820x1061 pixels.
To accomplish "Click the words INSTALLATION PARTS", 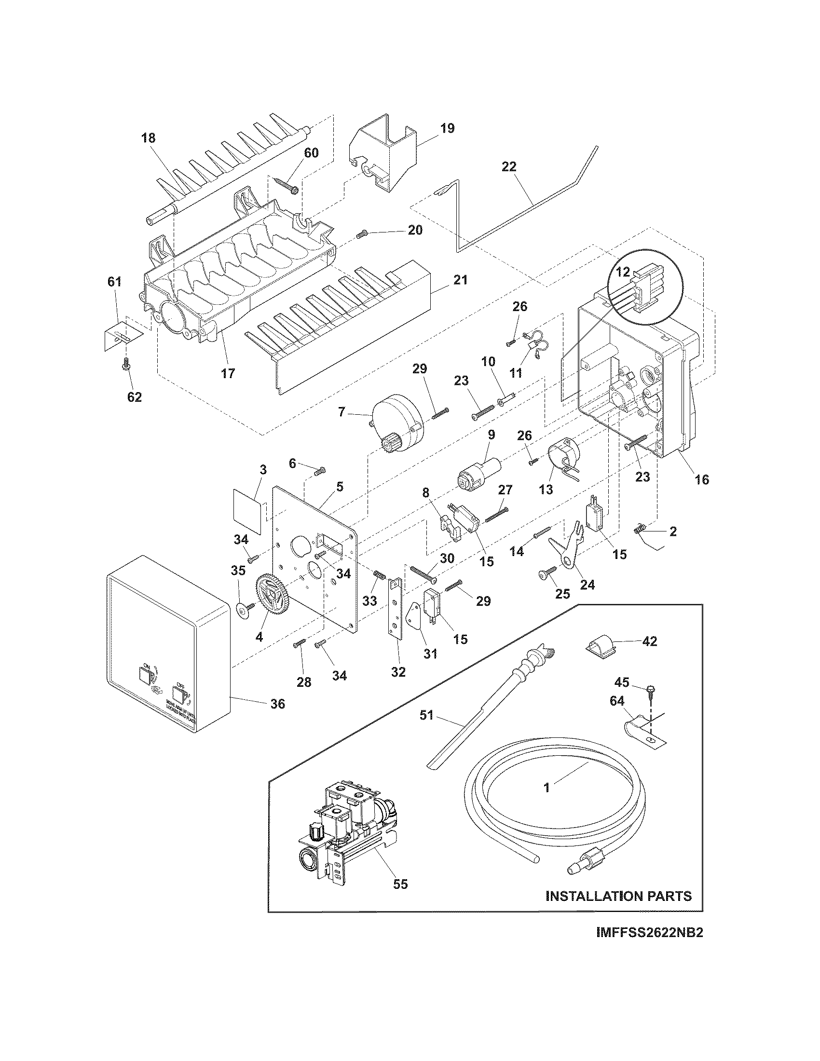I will click(618, 896).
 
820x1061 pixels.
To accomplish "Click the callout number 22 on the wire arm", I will click(508, 167).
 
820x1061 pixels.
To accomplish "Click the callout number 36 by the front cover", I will click(277, 704).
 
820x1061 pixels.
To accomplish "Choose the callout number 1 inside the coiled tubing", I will click(547, 788).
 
